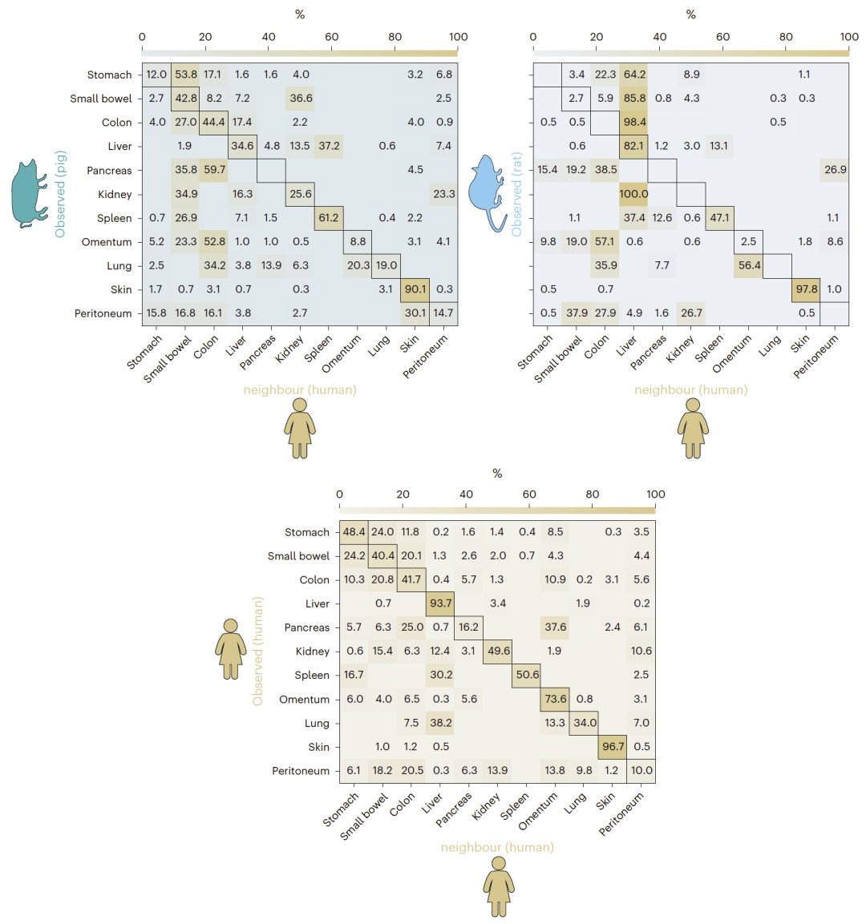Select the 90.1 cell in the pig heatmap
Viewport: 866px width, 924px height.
point(415,289)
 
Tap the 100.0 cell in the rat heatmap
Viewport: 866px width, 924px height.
point(633,194)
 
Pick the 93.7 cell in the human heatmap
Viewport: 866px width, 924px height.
point(440,603)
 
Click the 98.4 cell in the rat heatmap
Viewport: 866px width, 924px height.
point(633,123)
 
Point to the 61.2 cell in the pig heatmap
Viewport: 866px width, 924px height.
point(328,218)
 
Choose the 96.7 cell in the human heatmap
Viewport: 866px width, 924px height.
point(613,747)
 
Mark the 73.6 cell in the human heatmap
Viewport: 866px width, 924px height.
point(555,699)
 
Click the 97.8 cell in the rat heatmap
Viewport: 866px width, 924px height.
point(805,289)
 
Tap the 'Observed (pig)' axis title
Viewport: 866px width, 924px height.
point(60,194)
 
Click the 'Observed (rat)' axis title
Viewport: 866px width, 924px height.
point(517,194)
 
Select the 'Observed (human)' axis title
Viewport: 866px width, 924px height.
point(257,651)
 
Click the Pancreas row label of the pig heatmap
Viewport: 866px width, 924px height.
point(109,171)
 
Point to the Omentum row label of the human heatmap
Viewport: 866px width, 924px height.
point(304,700)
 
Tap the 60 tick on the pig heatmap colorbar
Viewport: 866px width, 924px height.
point(332,37)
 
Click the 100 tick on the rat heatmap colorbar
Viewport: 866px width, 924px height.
point(849,37)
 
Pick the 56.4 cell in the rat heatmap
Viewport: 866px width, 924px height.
point(749,265)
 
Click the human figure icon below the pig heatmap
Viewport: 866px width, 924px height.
point(300,429)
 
